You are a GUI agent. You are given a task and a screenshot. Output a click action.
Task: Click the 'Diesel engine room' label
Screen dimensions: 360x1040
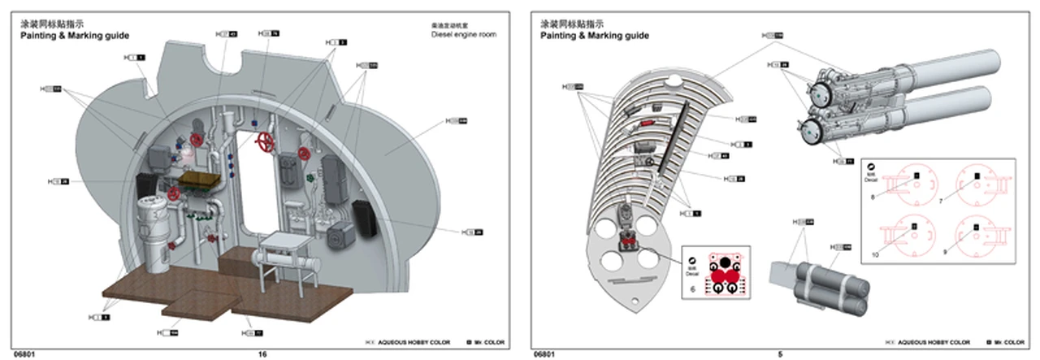click(x=463, y=35)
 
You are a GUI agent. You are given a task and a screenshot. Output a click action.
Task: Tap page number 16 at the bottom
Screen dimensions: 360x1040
click(x=262, y=353)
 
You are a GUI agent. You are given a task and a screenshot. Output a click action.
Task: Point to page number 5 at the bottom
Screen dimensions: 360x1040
click(x=780, y=353)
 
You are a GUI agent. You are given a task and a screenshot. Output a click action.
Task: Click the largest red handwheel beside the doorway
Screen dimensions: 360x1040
click(x=265, y=143)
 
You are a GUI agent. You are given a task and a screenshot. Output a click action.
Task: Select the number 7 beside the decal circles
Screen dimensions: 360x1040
click(x=941, y=200)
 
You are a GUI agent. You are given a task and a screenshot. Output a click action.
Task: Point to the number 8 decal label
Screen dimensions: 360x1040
click(x=873, y=196)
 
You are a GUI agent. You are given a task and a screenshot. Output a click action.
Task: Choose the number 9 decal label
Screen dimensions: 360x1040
click(x=946, y=253)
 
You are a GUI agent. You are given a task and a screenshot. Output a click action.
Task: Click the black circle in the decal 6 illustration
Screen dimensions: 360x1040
click(x=722, y=262)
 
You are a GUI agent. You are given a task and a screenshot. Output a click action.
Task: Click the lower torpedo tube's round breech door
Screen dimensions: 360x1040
click(x=811, y=128)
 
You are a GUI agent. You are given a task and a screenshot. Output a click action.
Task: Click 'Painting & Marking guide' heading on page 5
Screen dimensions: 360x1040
click(x=595, y=36)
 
